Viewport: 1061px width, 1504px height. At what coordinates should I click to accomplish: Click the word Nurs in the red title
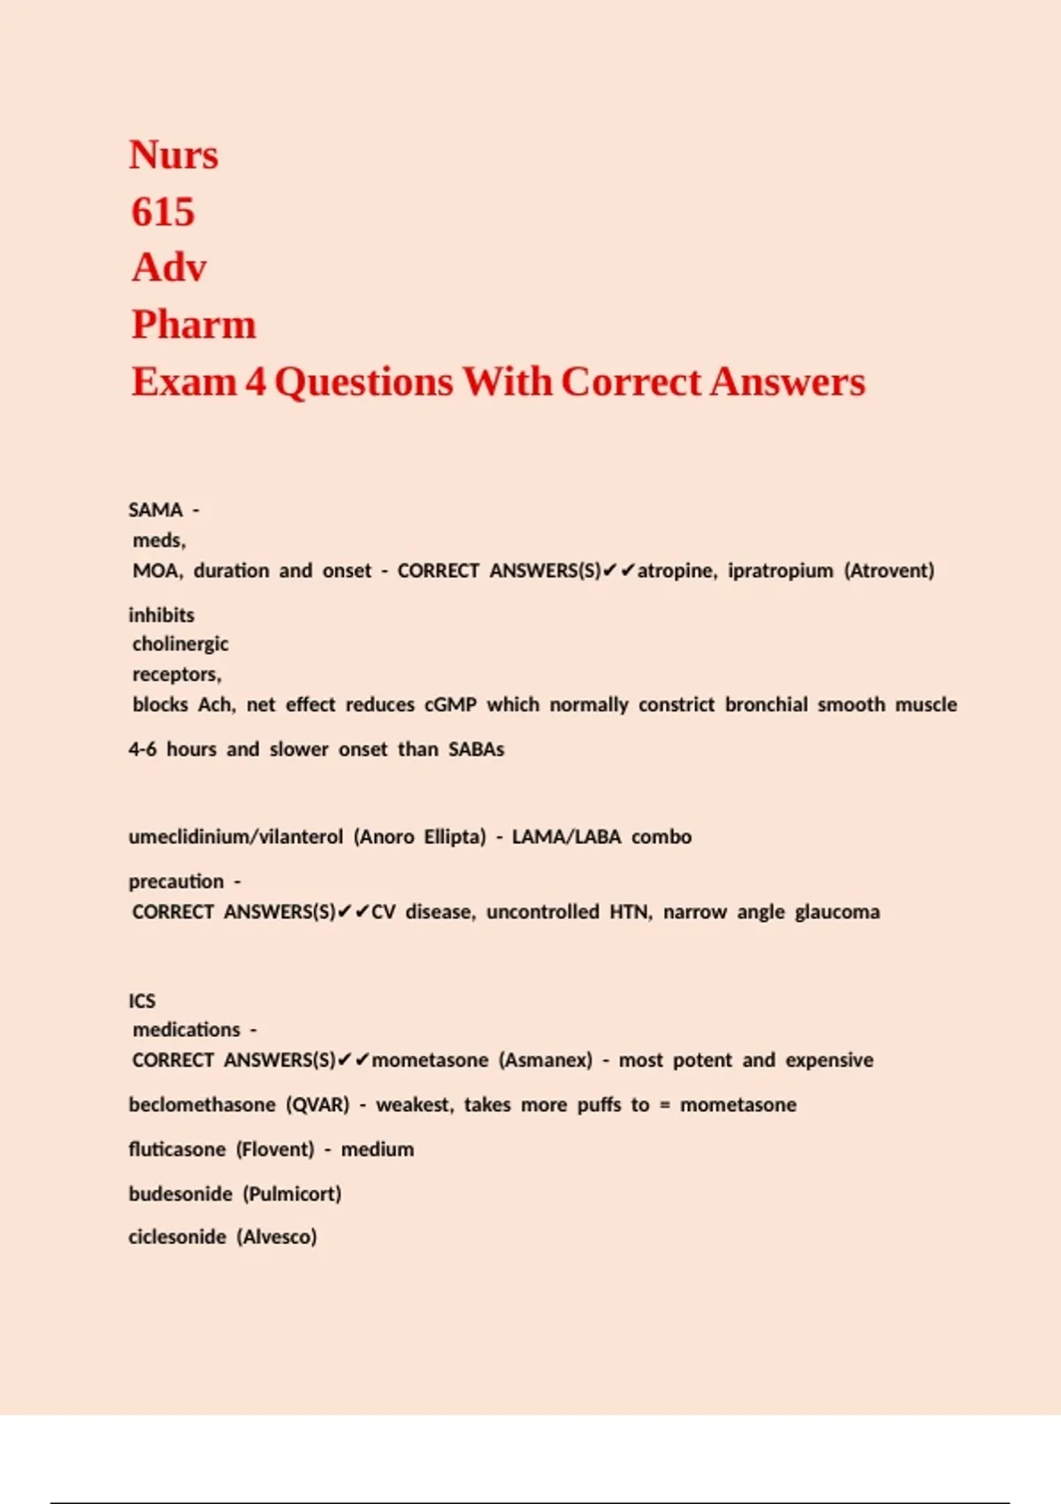tap(173, 156)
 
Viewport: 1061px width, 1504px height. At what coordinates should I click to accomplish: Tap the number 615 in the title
tap(163, 212)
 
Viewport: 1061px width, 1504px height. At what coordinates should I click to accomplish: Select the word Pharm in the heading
tap(194, 325)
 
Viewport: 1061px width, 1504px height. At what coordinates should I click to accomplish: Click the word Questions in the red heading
tap(363, 382)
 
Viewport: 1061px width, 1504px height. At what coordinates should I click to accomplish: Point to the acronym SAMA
tap(156, 510)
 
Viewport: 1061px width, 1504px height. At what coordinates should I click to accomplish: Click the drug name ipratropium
tap(780, 571)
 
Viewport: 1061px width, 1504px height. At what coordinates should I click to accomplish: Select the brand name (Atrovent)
tap(889, 571)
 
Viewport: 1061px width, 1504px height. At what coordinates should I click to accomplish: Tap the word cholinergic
tap(180, 644)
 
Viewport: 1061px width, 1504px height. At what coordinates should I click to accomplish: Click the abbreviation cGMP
tap(450, 705)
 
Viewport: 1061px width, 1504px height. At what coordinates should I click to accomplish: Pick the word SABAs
tap(476, 749)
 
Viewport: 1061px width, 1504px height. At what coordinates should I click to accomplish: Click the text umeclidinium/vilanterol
tap(235, 837)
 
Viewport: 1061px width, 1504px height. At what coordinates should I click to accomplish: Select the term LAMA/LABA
tap(566, 837)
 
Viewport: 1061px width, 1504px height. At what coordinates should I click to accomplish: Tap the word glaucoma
tap(836, 912)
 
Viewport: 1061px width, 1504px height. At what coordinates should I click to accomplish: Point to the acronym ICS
tap(141, 1001)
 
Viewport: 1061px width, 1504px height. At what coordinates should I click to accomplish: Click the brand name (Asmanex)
tap(546, 1060)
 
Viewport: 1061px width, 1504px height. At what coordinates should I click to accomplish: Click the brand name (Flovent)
tap(275, 1149)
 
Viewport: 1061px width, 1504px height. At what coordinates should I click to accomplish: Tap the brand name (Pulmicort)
tap(292, 1194)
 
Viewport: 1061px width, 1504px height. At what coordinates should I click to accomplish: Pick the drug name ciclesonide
tap(177, 1237)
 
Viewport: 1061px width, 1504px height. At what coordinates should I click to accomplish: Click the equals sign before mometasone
tap(665, 1106)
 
